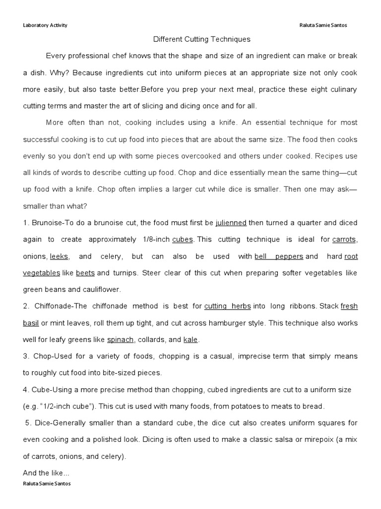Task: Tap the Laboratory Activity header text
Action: pyautogui.click(x=45, y=25)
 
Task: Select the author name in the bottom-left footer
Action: pyautogui.click(x=47, y=484)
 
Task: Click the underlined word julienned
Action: pyautogui.click(x=231, y=223)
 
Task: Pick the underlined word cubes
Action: pyautogui.click(x=183, y=240)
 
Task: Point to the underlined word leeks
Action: pyautogui.click(x=60, y=256)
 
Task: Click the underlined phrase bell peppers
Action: pyautogui.click(x=279, y=256)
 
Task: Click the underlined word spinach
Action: pyautogui.click(x=120, y=340)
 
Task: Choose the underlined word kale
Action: pyautogui.click(x=190, y=340)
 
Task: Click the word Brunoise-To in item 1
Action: pyautogui.click(x=52, y=223)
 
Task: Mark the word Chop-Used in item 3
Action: pyautogui.click(x=50, y=357)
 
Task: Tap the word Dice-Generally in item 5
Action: pyautogui.click(x=59, y=423)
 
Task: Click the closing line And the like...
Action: pyautogui.click(x=46, y=473)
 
